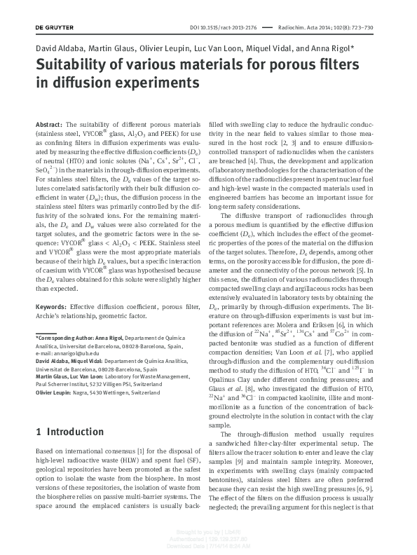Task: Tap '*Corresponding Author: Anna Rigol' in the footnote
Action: tap(79, 338)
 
